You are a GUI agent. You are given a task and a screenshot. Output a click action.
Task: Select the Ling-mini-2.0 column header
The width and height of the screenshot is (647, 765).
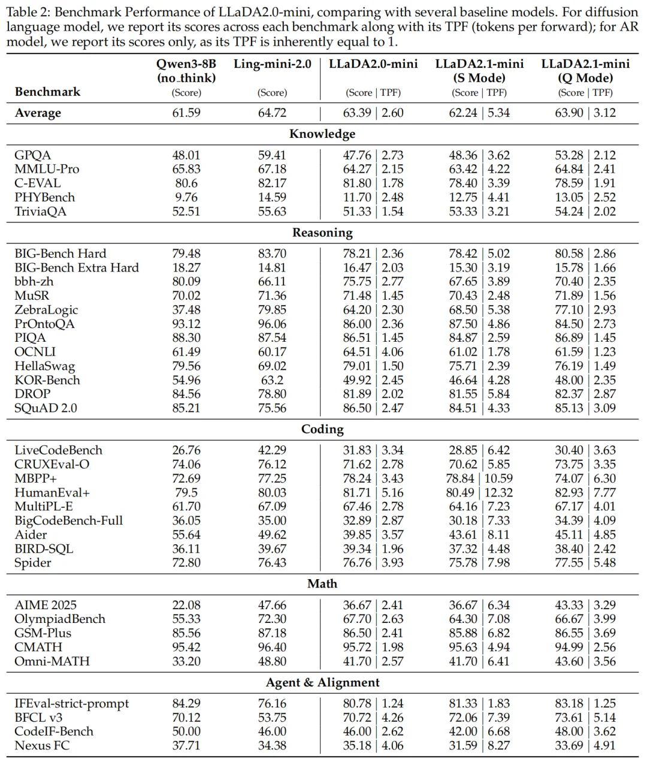click(x=272, y=64)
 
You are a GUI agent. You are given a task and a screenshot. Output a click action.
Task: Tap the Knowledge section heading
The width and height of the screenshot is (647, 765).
click(x=322, y=134)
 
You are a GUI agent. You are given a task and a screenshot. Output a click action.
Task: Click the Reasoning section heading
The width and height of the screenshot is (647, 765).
click(x=322, y=233)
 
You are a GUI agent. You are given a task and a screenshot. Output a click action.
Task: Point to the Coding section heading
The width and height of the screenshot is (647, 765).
click(x=322, y=429)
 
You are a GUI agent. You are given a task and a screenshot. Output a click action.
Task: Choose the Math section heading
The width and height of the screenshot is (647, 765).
click(x=322, y=584)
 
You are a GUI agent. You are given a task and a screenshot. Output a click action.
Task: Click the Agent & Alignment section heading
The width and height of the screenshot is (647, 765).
click(x=322, y=682)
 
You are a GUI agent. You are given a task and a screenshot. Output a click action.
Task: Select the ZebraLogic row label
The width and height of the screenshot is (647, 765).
click(x=46, y=310)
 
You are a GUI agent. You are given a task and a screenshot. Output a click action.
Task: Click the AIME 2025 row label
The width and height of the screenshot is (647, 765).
click(x=46, y=606)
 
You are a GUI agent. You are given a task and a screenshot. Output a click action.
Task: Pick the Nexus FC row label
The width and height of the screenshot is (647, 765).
click(x=41, y=746)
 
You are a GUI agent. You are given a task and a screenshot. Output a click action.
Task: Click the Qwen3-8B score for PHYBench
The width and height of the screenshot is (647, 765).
click(x=186, y=197)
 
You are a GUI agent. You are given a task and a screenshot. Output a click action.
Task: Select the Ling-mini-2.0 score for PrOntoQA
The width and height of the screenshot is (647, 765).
click(x=272, y=324)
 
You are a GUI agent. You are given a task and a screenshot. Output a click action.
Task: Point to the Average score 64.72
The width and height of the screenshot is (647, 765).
click(x=272, y=113)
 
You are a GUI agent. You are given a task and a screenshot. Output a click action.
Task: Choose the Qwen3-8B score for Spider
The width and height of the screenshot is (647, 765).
click(x=186, y=563)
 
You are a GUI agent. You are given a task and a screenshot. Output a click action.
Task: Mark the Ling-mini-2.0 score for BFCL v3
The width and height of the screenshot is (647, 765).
click(x=272, y=718)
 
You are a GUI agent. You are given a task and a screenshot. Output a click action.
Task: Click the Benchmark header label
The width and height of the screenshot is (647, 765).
click(x=47, y=92)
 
